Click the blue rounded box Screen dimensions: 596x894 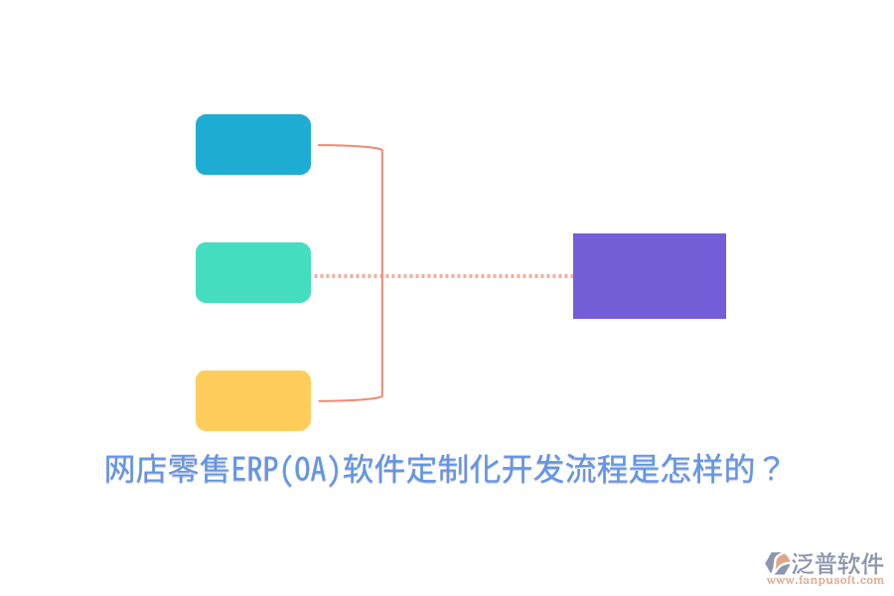[253, 144]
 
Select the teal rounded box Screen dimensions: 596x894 [253, 272]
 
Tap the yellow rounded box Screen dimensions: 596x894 [253, 400]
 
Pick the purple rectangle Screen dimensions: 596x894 [650, 276]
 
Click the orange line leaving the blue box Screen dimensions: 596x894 [348, 146]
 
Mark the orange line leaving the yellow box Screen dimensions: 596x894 [348, 400]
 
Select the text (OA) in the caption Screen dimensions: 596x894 [309, 468]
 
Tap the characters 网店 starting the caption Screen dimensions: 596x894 [135, 468]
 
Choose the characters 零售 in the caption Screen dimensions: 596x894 [199, 468]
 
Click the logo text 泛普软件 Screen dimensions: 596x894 [836, 562]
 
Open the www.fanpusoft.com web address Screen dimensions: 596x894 [833, 580]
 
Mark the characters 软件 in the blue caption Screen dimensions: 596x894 [372, 468]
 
